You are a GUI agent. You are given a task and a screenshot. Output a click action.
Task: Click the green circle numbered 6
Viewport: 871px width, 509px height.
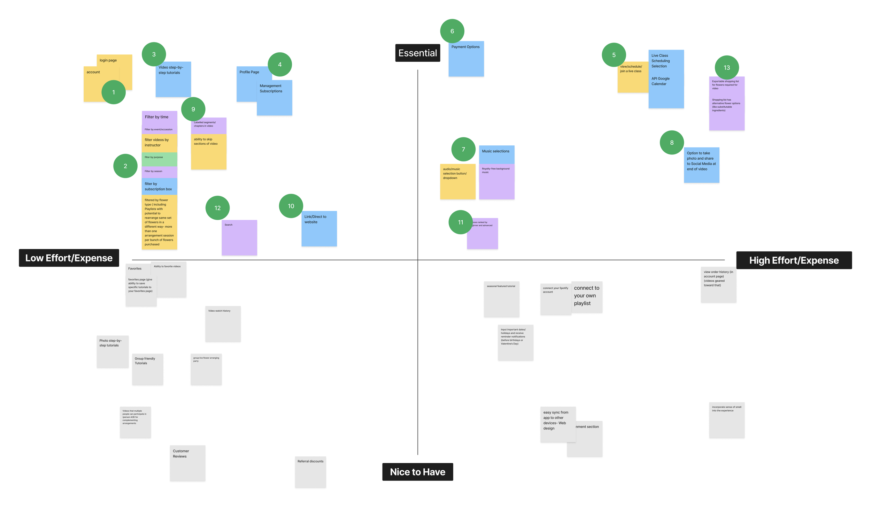coord(452,31)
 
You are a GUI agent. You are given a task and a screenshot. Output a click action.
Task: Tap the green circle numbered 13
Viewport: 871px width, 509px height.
coord(726,68)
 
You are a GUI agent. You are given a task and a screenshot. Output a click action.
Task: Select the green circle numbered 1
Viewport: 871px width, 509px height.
coord(113,92)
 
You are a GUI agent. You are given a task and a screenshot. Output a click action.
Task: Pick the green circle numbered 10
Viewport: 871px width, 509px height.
coord(291,206)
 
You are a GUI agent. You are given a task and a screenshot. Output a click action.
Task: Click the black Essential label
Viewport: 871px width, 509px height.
coord(417,53)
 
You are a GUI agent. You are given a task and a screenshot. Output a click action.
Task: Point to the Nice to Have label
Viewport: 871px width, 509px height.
coord(417,472)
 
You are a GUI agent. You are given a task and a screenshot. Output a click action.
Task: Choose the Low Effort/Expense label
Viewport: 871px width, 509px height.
coord(69,258)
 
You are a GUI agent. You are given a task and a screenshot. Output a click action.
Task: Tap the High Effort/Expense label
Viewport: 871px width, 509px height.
coord(794,260)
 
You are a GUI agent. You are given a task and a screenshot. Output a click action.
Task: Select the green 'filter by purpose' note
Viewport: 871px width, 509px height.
coord(159,159)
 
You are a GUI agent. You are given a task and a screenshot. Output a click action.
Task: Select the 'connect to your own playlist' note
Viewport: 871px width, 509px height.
coord(587,297)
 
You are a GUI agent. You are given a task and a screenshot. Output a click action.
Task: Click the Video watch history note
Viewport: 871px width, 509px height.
coord(223,324)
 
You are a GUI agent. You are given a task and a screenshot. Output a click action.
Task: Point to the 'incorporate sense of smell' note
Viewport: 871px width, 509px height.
coord(726,420)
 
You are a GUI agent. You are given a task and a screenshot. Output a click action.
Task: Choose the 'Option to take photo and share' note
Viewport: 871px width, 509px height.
coord(701,165)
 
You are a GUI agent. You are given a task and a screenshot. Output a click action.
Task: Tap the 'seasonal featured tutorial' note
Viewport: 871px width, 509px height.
coord(501,299)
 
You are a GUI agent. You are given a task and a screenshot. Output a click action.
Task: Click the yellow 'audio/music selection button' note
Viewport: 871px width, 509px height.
coord(457,182)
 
